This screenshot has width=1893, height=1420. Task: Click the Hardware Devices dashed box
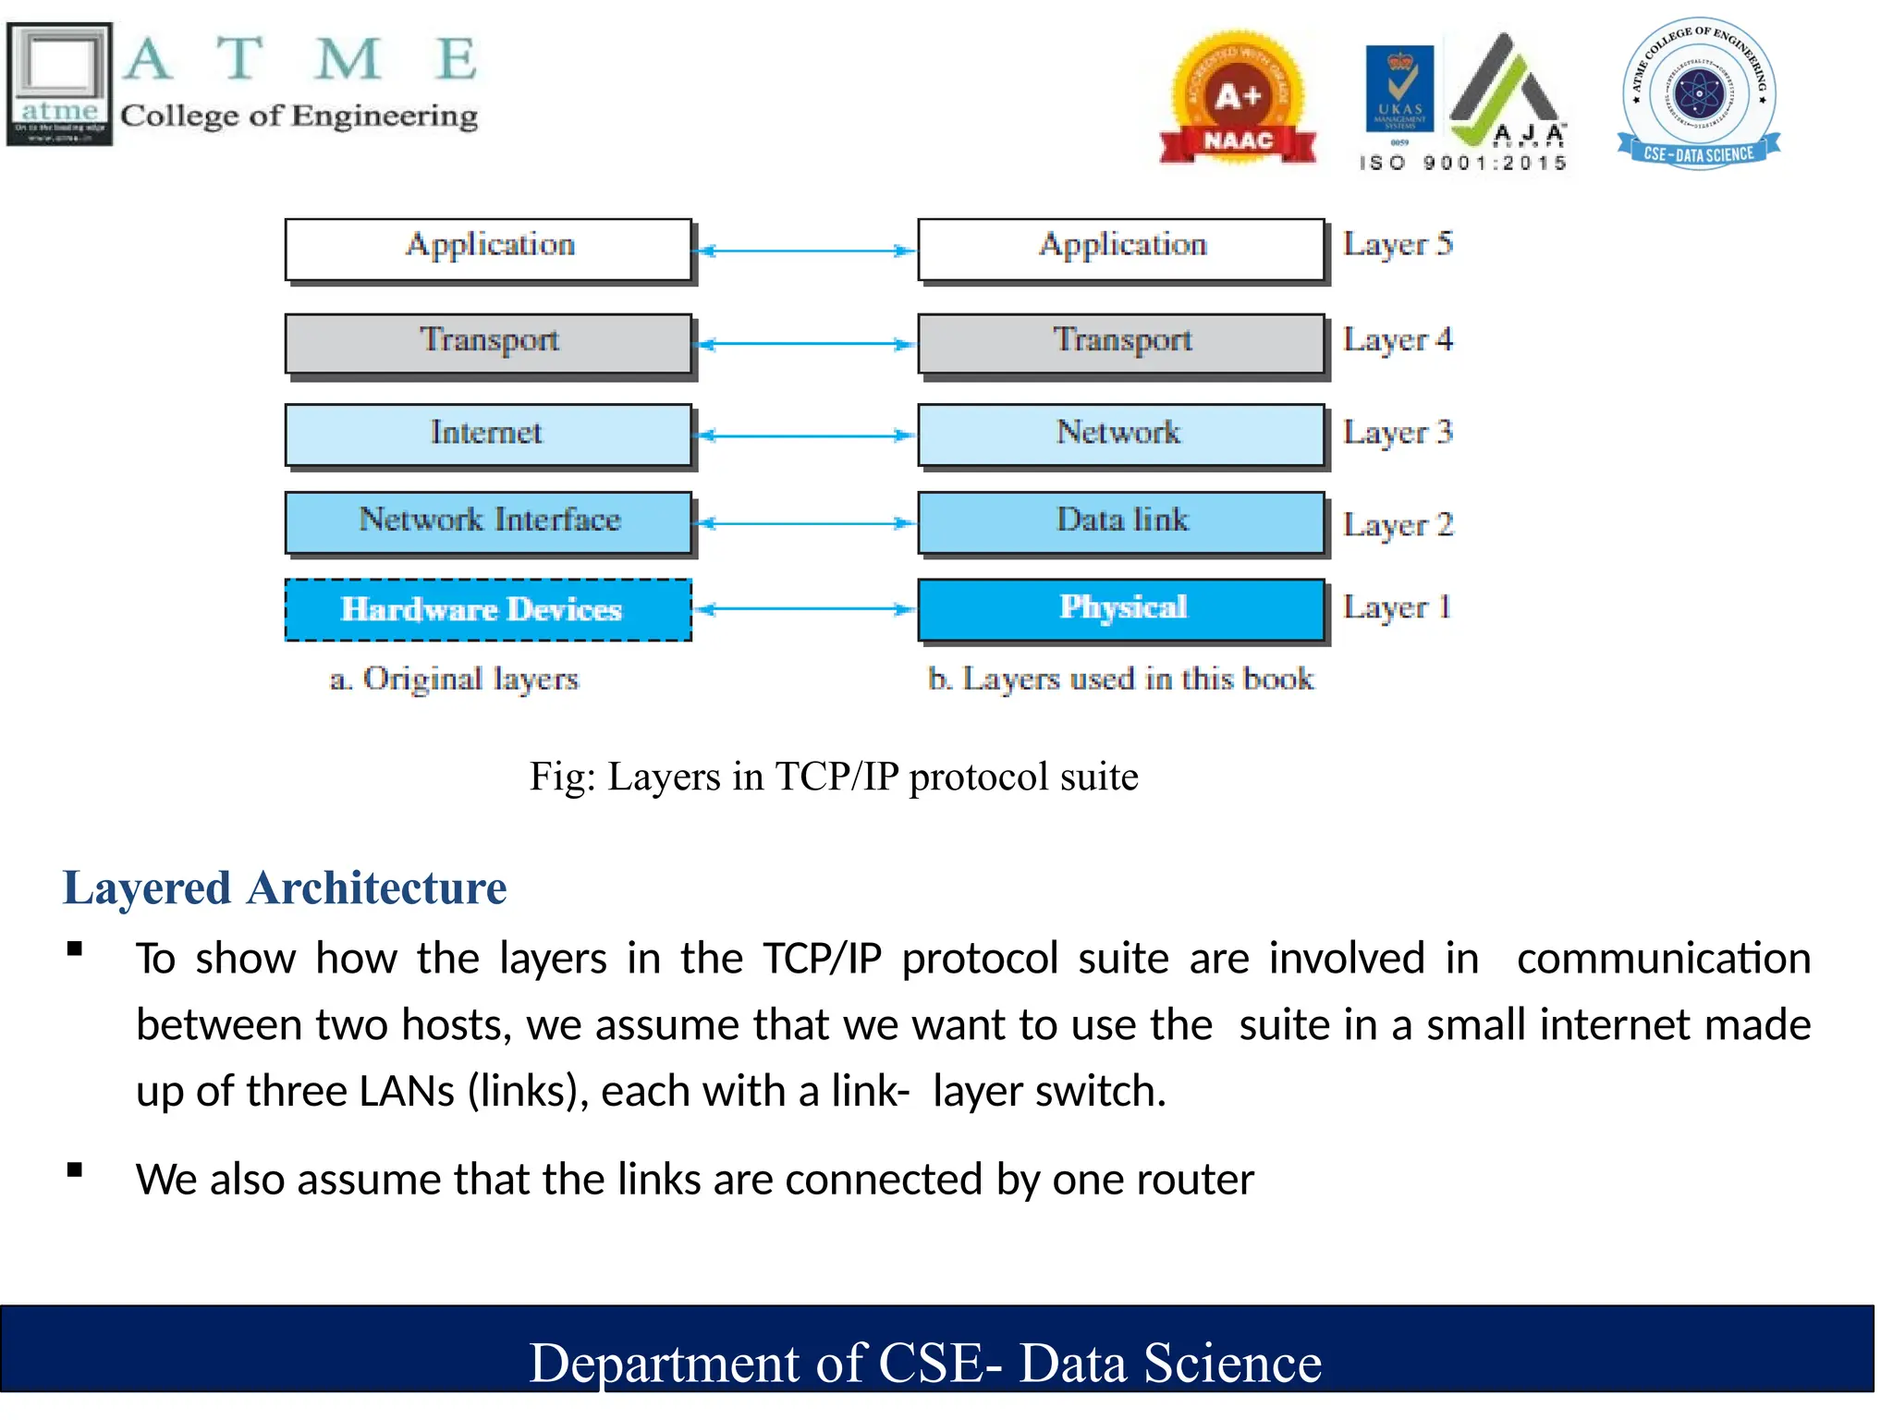(x=488, y=609)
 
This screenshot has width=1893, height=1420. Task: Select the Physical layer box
(x=1121, y=608)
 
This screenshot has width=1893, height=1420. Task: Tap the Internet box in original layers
(x=488, y=434)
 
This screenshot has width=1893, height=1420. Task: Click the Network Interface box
(x=488, y=521)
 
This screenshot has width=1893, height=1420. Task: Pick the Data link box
(x=1121, y=521)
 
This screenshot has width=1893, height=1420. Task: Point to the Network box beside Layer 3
(x=1121, y=434)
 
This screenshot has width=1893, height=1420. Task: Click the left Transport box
(x=488, y=342)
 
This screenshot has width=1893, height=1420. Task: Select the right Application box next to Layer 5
(x=1121, y=248)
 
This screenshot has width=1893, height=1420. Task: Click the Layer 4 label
(x=1398, y=340)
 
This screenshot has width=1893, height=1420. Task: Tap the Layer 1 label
(x=1398, y=608)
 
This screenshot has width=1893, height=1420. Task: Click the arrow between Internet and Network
(x=804, y=435)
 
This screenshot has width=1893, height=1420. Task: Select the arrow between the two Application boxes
(x=804, y=251)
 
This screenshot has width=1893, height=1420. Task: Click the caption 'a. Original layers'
(x=454, y=679)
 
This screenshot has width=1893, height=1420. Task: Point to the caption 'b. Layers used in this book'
(x=1120, y=679)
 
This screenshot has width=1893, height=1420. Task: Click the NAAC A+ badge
(x=1238, y=100)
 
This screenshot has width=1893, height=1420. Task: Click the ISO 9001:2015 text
(x=1463, y=164)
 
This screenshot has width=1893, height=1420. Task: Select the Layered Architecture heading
(x=285, y=888)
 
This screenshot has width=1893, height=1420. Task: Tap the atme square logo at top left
(x=60, y=83)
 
